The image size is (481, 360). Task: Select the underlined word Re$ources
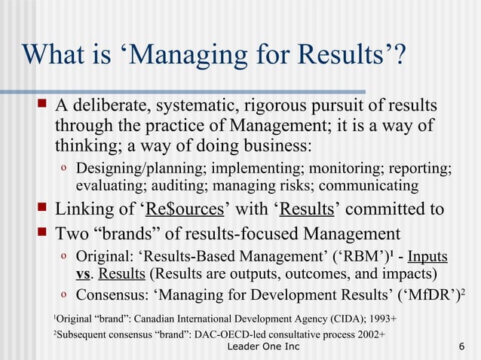click(182, 209)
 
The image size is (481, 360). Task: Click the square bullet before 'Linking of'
click(43, 209)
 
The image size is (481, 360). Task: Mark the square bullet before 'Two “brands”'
click(43, 232)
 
